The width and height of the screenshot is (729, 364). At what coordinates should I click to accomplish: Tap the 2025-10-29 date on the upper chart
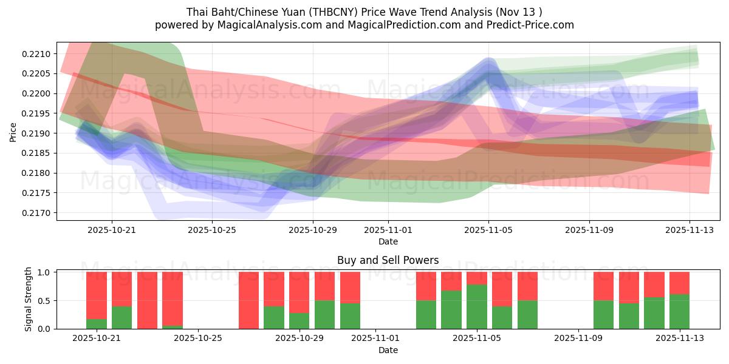(313, 230)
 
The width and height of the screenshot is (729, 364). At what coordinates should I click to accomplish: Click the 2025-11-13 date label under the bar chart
(679, 339)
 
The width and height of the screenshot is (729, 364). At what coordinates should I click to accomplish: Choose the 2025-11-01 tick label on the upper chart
(388, 230)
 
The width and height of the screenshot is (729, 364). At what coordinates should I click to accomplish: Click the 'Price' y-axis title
(13, 132)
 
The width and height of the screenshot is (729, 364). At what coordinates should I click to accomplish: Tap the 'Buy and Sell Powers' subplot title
(388, 260)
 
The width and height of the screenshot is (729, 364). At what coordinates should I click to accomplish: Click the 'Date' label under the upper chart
(388, 241)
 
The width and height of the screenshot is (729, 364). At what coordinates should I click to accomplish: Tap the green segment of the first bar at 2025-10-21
(97, 324)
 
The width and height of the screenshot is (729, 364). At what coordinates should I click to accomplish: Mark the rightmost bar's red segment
(679, 283)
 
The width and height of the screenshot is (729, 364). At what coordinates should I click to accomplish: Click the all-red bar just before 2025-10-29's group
(249, 300)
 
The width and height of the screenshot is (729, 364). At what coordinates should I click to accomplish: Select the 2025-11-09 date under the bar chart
(578, 339)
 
